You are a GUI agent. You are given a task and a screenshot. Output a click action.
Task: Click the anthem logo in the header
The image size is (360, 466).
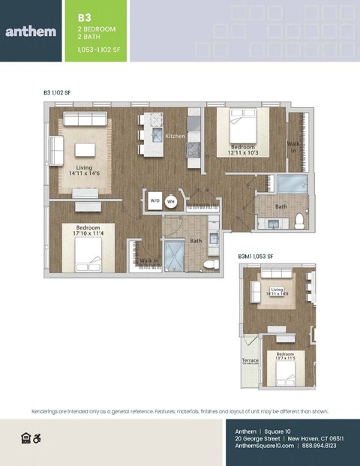31,31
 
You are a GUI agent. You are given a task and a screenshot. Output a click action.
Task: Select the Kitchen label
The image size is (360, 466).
175,137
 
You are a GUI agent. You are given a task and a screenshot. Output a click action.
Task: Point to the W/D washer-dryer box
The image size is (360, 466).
155,201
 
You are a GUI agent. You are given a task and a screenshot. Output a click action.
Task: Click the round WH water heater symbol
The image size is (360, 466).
171,201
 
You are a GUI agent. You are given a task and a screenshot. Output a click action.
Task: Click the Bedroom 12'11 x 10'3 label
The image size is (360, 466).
244,149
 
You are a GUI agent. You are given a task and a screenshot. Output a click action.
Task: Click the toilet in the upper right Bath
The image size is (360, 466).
299,220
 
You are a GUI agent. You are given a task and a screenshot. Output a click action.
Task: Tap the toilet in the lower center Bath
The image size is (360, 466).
210,264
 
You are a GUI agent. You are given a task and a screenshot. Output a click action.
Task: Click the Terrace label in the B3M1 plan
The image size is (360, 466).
250,361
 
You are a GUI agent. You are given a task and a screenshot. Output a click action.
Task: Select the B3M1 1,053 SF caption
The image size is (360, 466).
256,257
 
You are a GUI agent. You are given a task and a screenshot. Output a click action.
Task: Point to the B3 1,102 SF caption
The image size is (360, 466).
57,92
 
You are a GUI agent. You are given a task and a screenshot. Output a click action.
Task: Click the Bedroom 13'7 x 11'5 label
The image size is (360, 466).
285,356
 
